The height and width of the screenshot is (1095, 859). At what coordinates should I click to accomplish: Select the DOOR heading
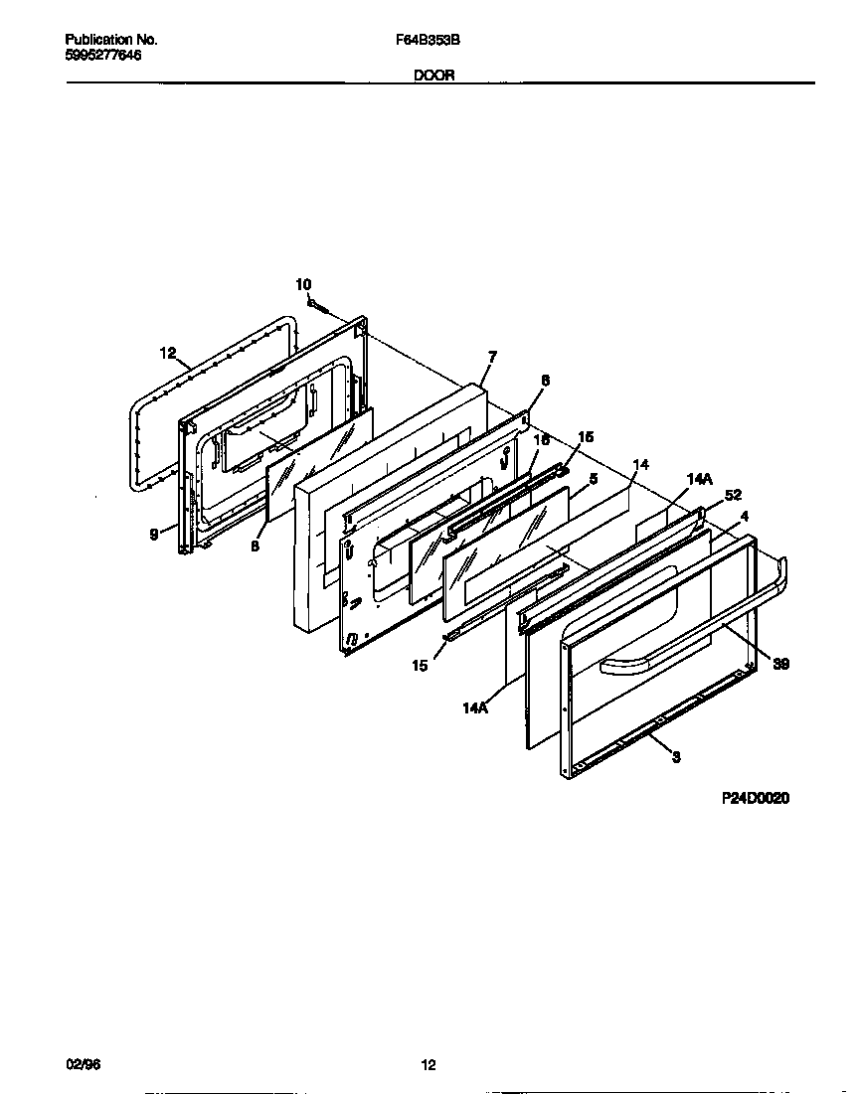pos(434,76)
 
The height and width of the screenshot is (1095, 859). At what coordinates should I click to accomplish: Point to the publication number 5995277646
pos(102,56)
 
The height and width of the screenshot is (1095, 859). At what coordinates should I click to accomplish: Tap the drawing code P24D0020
pos(755,798)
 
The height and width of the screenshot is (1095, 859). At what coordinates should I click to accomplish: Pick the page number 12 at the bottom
pos(429,1066)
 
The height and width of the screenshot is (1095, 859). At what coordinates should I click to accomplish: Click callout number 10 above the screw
pos(303,285)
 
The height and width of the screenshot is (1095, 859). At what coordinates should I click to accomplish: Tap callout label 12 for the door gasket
pos(167,353)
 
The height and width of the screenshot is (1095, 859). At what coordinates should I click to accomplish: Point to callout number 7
pos(492,356)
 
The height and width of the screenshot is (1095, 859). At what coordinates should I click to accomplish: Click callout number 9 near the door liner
pos(154,534)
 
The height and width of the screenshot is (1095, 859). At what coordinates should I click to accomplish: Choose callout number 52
pos(733,495)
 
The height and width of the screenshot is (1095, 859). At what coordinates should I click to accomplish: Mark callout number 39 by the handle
pos(781,664)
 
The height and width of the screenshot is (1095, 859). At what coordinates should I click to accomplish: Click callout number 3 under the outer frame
pos(676,758)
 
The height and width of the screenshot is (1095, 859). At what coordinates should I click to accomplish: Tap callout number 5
pos(593,479)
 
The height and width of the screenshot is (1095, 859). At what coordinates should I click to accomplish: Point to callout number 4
pos(745,516)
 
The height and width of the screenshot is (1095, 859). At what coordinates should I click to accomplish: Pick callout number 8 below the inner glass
pos(255,546)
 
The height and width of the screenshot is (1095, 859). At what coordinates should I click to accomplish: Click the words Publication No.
pos(111,40)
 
